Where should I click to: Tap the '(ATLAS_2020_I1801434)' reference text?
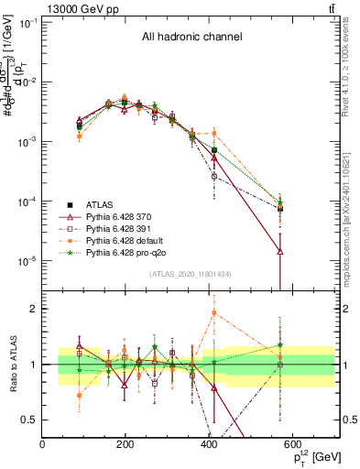click(191, 274)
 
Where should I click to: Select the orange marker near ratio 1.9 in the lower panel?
click(214, 312)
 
